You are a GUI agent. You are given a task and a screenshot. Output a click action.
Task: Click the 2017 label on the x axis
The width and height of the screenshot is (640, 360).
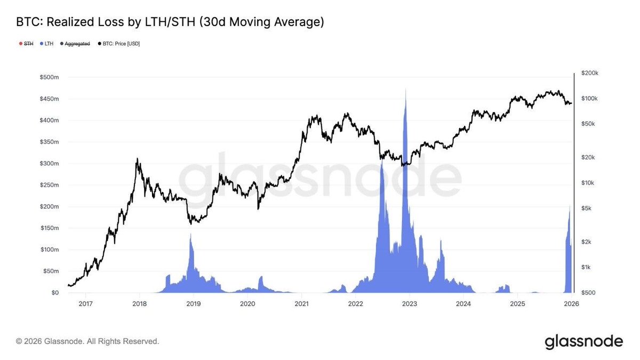pos(85,304)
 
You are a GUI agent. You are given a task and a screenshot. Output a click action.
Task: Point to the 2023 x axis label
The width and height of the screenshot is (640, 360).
pos(409,304)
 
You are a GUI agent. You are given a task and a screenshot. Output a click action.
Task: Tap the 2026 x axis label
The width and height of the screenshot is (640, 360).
pos(571,304)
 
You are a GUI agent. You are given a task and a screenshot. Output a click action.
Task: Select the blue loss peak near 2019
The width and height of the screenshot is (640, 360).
pos(191,236)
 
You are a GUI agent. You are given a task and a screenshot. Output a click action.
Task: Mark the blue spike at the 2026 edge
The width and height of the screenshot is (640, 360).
pos(570,208)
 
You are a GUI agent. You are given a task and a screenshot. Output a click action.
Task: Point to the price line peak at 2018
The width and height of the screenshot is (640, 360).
pos(138,159)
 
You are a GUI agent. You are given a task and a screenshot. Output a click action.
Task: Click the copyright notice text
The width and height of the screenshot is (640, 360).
pos(87,341)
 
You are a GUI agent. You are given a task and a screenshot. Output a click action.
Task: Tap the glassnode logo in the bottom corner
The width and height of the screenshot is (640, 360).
pos(583,341)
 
